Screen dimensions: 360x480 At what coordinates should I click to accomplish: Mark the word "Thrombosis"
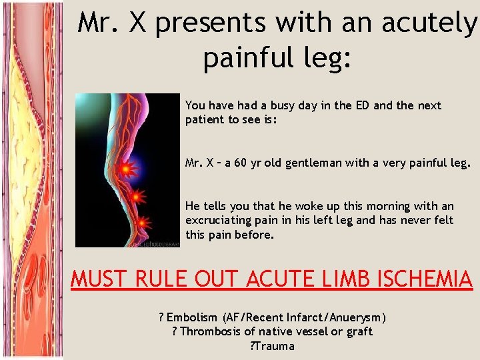(207, 331)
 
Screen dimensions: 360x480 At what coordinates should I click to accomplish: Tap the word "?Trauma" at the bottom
(272, 345)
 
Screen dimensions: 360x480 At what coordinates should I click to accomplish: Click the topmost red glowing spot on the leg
(125, 170)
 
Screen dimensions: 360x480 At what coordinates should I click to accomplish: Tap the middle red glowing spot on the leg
(136, 197)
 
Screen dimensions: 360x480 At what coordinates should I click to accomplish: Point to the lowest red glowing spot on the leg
(143, 223)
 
